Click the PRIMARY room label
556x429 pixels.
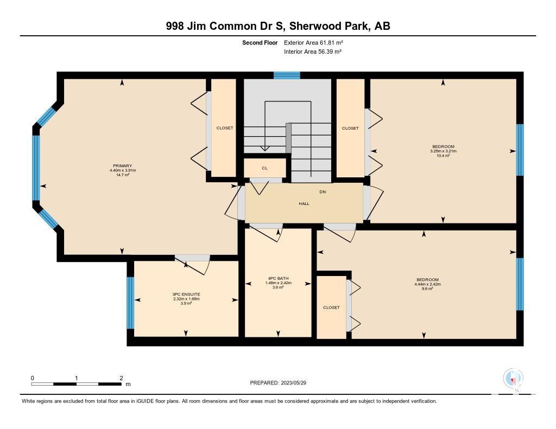(x=122, y=166)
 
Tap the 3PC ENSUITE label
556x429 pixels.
(x=186, y=294)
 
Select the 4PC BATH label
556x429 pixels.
(x=279, y=278)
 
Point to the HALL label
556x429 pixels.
(x=304, y=204)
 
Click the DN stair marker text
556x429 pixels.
(x=323, y=192)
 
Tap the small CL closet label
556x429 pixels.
(x=264, y=168)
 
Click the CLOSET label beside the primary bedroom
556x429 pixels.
(x=225, y=128)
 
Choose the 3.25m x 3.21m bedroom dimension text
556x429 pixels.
(x=443, y=151)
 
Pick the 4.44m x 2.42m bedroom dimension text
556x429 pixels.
(x=428, y=284)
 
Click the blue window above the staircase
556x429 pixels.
(x=287, y=75)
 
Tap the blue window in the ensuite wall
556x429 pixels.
(x=130, y=303)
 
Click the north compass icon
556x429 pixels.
(x=513, y=379)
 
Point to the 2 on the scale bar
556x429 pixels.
(x=121, y=378)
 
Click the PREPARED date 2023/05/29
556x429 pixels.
(x=294, y=383)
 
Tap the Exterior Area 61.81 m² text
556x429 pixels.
(x=313, y=43)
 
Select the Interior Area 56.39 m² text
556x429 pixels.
(x=313, y=52)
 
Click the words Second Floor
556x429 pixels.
(x=260, y=43)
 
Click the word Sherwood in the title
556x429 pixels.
(x=316, y=26)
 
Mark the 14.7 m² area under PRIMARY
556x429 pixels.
(x=122, y=175)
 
